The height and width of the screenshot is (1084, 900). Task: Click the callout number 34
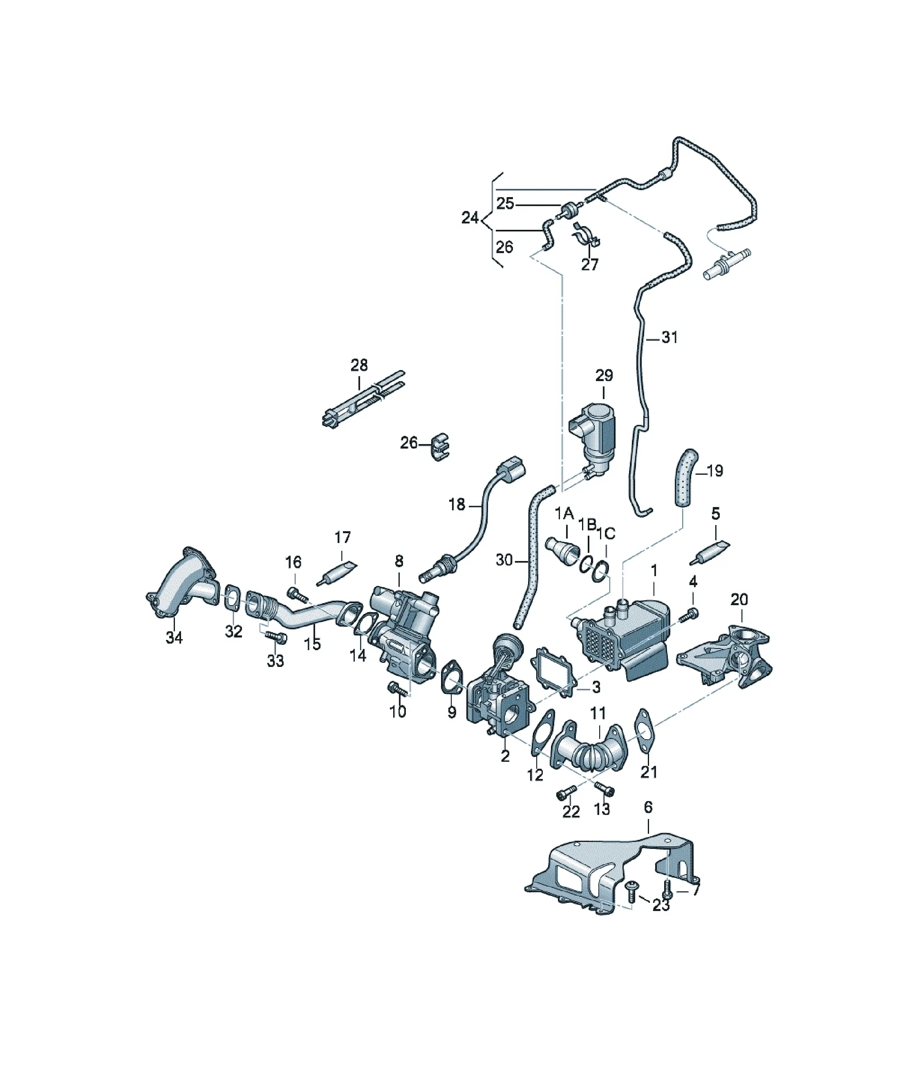(174, 638)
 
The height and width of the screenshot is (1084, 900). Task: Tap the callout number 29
(604, 375)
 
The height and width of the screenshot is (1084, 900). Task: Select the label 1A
(564, 514)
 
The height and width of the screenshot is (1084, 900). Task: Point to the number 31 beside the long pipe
(669, 338)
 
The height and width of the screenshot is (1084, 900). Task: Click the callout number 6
(648, 807)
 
